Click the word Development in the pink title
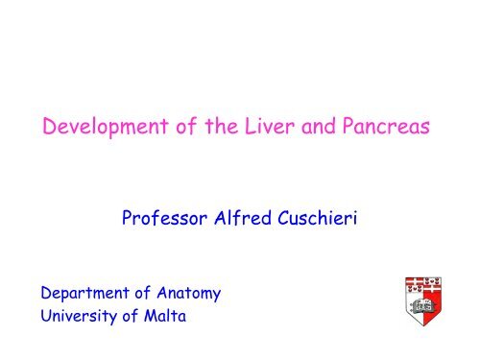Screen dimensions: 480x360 pos(106,127)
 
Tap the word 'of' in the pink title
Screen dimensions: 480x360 pos(186,126)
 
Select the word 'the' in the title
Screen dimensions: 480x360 pos(222,126)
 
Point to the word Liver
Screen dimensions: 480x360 pos(270,126)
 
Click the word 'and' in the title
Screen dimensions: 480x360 pos(319,126)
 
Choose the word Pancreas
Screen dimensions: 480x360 pos(386,126)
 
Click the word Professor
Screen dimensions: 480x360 pos(164,218)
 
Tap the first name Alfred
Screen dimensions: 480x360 pos(243,218)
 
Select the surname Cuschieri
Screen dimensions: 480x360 pos(318,218)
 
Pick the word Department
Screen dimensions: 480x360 pos(84,294)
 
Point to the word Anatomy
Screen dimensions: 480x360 pos(189,294)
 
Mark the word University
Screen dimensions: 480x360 pos(79,316)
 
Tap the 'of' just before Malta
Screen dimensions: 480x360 pos(131,315)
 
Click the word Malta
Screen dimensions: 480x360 pos(165,315)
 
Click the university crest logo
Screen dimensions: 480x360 pos(423,301)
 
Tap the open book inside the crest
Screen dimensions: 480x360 pos(421,306)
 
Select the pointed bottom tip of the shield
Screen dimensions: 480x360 pos(423,325)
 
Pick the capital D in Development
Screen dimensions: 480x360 pos(49,126)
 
